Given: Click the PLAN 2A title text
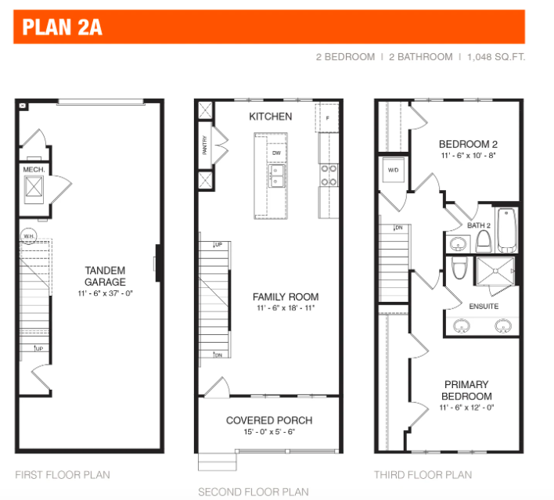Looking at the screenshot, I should tap(63, 28).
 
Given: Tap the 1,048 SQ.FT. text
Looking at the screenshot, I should tap(496, 57).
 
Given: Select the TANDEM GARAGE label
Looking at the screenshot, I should tap(106, 276).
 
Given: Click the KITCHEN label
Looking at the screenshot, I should tap(270, 117).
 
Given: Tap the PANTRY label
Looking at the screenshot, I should tap(205, 146).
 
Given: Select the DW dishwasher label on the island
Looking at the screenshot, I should tap(275, 153).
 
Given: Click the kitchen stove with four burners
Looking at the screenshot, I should tap(328, 174).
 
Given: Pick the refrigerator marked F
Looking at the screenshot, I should tap(327, 118).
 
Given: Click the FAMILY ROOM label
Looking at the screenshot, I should tap(285, 297).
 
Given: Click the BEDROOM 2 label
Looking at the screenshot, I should tap(468, 144).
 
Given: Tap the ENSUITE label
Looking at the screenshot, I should tap(483, 306).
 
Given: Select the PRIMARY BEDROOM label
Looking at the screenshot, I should tap(466, 390).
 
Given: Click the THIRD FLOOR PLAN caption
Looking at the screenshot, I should tap(423, 474).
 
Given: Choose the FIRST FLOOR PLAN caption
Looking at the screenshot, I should tap(63, 474).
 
